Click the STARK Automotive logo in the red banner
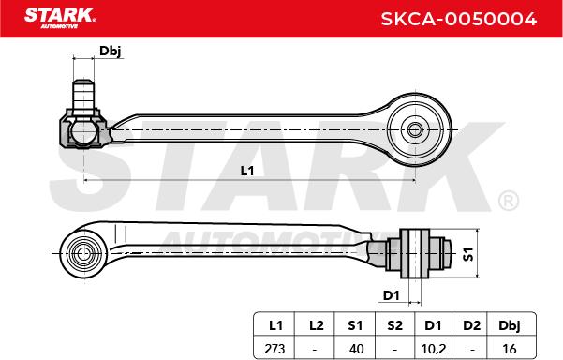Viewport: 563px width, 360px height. (60, 18)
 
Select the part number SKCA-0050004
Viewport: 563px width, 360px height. (458, 19)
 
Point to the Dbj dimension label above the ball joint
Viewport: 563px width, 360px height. (111, 51)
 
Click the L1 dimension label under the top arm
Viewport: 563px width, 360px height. (247, 171)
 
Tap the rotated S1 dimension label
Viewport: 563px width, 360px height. (468, 254)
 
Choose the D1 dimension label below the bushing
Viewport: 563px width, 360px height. (392, 295)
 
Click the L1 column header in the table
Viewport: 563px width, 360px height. (275, 325)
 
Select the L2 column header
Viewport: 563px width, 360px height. (316, 325)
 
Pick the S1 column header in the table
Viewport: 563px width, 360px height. (355, 325)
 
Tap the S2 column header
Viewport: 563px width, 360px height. (394, 325)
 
